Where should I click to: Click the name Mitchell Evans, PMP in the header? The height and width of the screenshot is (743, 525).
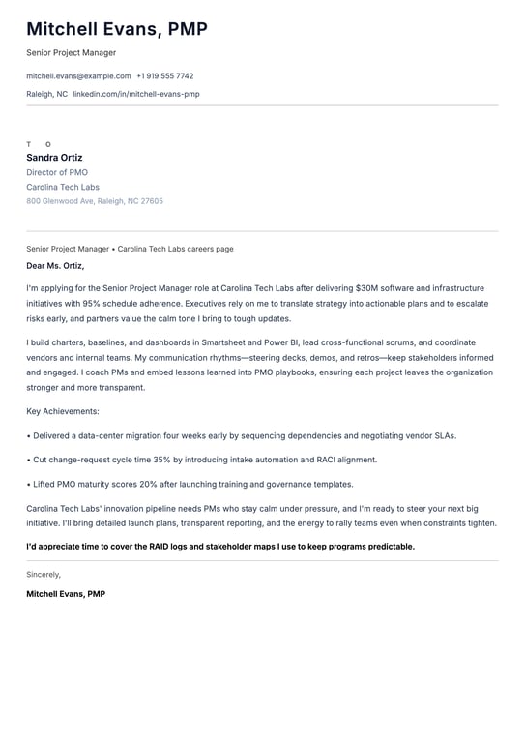tap(117, 29)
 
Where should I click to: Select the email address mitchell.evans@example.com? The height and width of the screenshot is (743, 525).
tap(78, 75)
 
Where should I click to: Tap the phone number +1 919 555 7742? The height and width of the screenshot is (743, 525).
tap(164, 75)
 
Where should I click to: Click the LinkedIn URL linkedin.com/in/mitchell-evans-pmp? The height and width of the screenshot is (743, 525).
tap(136, 94)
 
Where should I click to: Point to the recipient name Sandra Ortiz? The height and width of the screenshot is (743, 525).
tap(54, 158)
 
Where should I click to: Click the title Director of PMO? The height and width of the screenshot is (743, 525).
tap(57, 172)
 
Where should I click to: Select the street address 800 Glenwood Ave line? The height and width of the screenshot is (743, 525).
tap(95, 201)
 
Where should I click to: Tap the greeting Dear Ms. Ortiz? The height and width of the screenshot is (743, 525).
tap(55, 265)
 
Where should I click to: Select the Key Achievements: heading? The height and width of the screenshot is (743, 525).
tap(63, 411)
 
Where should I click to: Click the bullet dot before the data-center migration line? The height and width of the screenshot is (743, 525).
tap(29, 435)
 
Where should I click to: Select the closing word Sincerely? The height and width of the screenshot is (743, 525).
tap(44, 574)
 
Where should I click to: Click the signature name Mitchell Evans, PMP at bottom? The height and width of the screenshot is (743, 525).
tap(66, 594)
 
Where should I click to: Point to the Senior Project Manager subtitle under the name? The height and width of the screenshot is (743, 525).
tap(72, 52)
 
